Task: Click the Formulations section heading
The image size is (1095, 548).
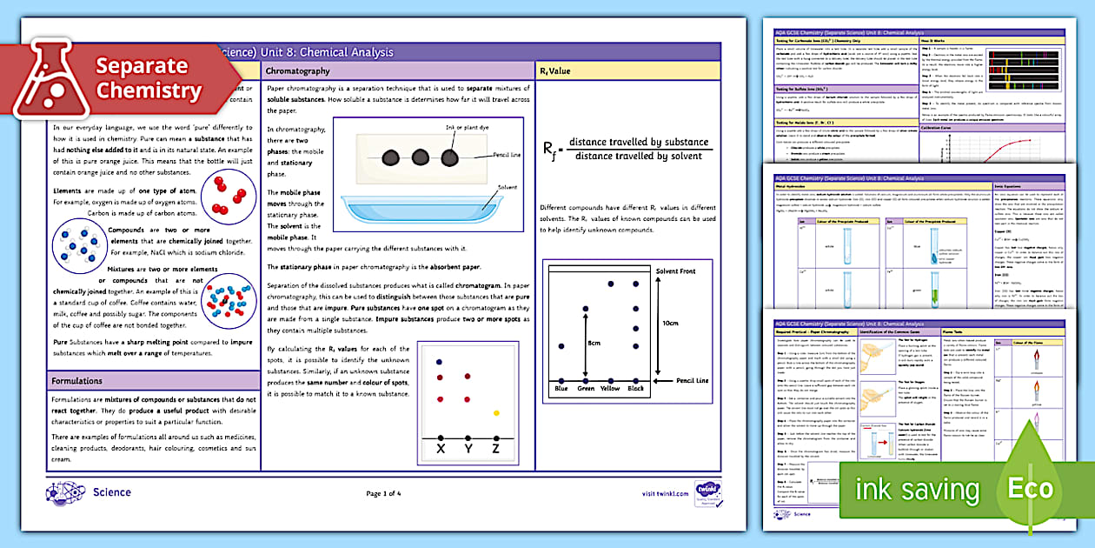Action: (x=76, y=381)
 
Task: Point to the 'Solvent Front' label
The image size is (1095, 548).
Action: (x=676, y=271)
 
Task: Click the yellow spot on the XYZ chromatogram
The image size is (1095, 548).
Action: (x=496, y=412)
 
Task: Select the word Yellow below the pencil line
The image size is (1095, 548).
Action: (x=611, y=388)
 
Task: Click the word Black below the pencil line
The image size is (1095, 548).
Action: (x=637, y=388)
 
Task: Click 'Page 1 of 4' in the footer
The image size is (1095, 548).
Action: (x=383, y=494)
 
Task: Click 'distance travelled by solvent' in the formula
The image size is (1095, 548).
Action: (x=640, y=156)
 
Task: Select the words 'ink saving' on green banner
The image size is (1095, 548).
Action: (x=918, y=490)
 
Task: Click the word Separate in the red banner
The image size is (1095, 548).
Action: (x=142, y=66)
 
